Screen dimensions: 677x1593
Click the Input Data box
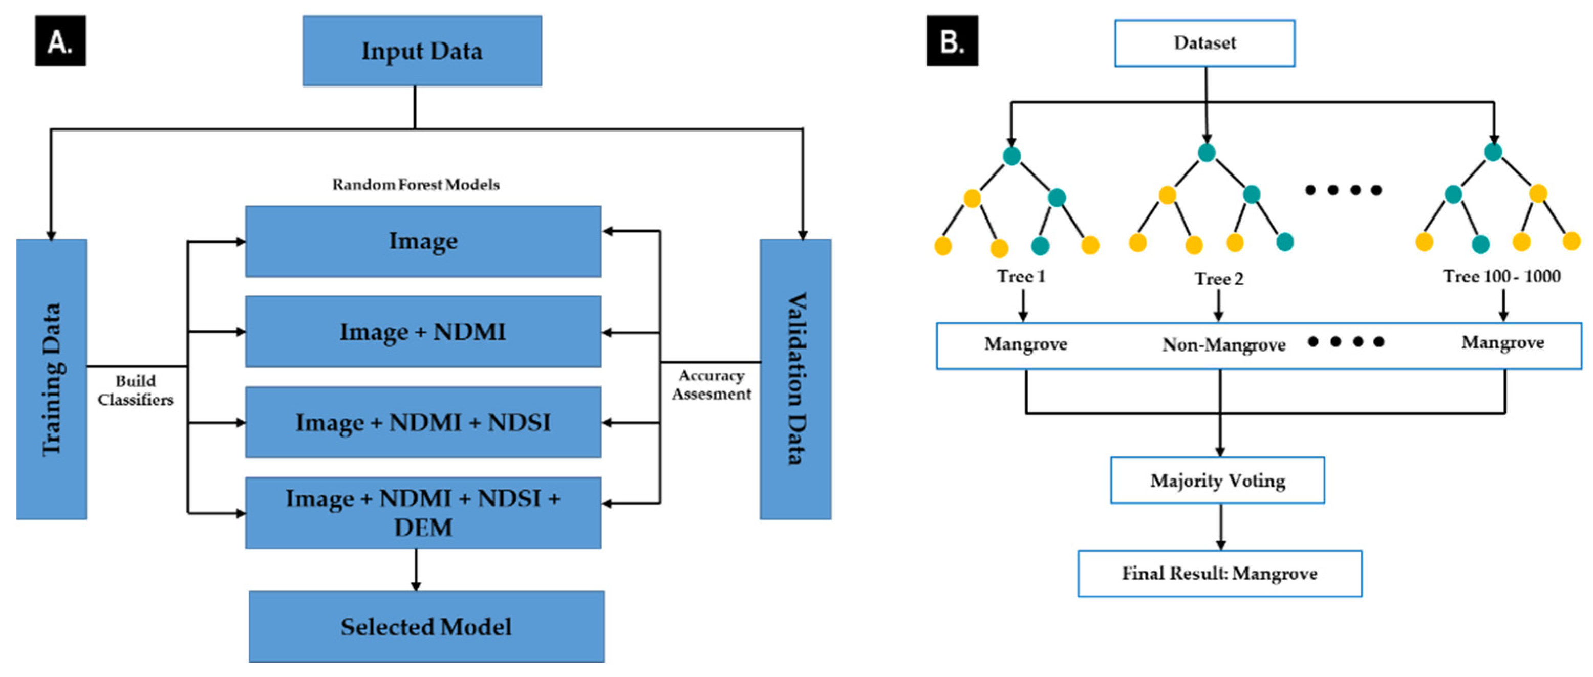[422, 51]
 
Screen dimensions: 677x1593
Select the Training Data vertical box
[51, 379]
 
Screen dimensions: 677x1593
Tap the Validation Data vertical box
[795, 379]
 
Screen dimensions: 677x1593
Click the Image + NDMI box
[423, 332]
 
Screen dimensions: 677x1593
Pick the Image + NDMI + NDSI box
[423, 423]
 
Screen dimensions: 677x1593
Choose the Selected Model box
[426, 626]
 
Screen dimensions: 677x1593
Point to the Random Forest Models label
[416, 184]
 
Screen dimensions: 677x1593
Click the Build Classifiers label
[136, 390]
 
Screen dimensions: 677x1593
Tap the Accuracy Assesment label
[711, 385]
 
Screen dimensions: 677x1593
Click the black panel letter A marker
[60, 41]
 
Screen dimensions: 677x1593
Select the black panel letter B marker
[952, 41]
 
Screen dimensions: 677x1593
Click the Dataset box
[1204, 43]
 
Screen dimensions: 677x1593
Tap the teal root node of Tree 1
[1011, 155]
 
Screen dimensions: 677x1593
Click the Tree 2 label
[1218, 279]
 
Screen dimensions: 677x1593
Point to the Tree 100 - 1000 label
[1501, 276]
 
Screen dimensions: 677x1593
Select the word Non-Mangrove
[1223, 344]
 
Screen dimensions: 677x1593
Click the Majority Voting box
[1217, 481]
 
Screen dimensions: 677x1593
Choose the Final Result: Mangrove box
[1219, 574]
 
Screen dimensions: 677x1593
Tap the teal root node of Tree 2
[1207, 152]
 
